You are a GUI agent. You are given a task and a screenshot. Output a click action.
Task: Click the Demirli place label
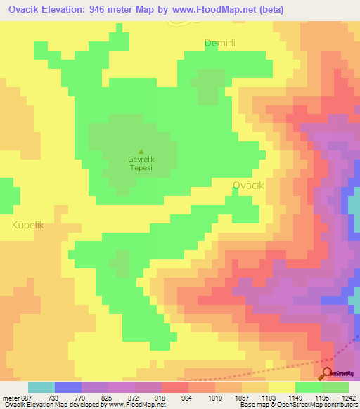[219, 43]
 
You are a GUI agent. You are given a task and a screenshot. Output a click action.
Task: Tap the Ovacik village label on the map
[247, 186]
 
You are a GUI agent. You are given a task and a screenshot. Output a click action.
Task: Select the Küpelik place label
[28, 225]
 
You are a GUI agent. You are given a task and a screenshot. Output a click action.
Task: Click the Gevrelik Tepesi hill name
[141, 164]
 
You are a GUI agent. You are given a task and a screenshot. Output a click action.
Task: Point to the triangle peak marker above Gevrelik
[141, 151]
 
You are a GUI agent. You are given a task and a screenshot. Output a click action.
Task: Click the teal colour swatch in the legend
[41, 387]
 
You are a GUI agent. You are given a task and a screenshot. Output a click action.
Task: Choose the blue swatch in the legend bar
[68, 387]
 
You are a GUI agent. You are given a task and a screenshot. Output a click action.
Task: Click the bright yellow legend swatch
[282, 387]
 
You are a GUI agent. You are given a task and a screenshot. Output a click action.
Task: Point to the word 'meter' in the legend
[11, 398]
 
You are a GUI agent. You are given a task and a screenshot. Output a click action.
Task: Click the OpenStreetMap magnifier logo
[328, 373]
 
